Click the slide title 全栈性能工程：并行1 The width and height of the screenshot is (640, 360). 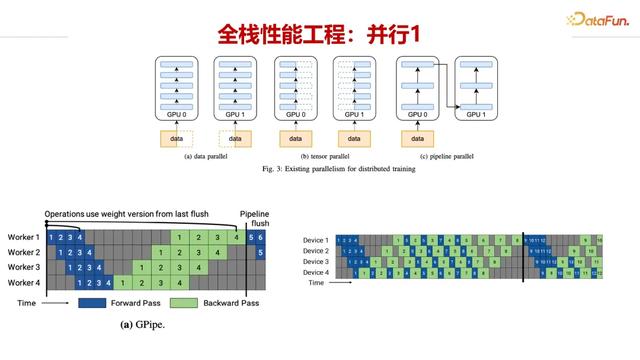tap(319, 33)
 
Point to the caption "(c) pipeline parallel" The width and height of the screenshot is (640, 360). tap(444, 156)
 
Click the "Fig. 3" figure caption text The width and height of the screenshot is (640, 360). tap(321, 170)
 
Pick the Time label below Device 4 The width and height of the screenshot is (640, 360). tap(316, 283)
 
